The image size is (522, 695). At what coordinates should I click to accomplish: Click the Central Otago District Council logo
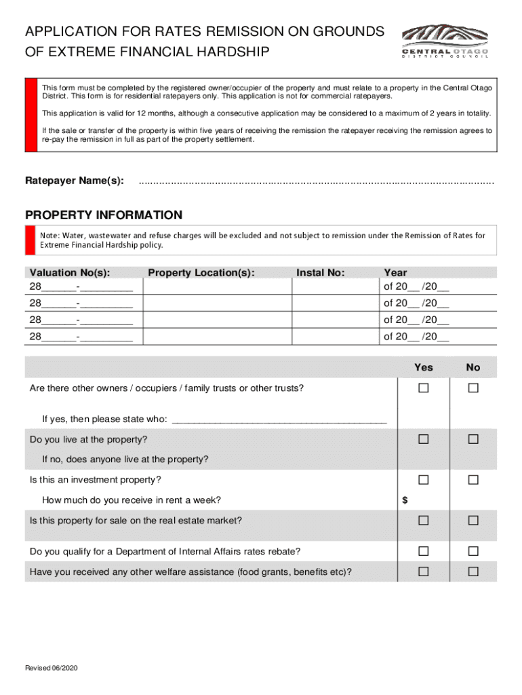(x=445, y=40)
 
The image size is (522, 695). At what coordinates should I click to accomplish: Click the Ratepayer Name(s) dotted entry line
(x=316, y=181)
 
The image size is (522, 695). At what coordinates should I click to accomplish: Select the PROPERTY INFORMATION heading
(x=104, y=215)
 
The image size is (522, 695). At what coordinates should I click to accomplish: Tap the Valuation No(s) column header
(x=70, y=273)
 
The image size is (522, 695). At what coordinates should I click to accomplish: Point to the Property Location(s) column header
(x=201, y=273)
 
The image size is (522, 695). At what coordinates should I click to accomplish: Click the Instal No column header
(x=321, y=273)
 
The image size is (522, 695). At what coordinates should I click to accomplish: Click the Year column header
(x=395, y=273)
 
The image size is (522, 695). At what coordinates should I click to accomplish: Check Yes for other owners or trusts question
(x=424, y=388)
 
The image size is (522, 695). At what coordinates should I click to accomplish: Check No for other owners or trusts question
(x=473, y=388)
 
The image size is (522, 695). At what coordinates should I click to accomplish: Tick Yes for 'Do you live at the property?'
(x=424, y=439)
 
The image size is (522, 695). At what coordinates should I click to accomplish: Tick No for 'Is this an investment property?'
(x=473, y=480)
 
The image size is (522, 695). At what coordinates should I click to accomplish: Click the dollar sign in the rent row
(x=405, y=500)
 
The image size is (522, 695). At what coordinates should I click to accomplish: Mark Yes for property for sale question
(x=424, y=521)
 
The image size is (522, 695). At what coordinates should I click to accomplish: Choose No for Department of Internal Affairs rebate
(x=473, y=550)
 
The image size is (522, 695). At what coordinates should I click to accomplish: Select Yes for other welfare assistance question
(x=424, y=571)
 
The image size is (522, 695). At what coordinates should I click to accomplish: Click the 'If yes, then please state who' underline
(x=279, y=421)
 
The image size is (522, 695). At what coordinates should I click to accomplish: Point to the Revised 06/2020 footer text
(x=52, y=669)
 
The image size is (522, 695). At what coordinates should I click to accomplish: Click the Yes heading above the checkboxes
(x=424, y=367)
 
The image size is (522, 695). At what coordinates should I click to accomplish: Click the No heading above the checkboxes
(x=473, y=367)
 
